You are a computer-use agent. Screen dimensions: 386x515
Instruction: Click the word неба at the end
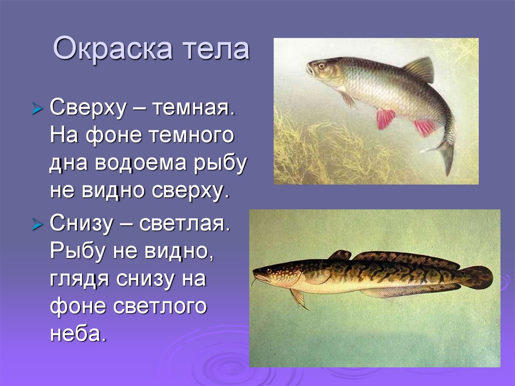[x=77, y=334]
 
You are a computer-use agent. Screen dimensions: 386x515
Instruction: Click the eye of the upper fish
[x=320, y=65]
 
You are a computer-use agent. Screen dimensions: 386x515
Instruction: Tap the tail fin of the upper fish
[x=443, y=153]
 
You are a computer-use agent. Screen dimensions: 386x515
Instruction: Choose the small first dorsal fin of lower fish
[x=340, y=255]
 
